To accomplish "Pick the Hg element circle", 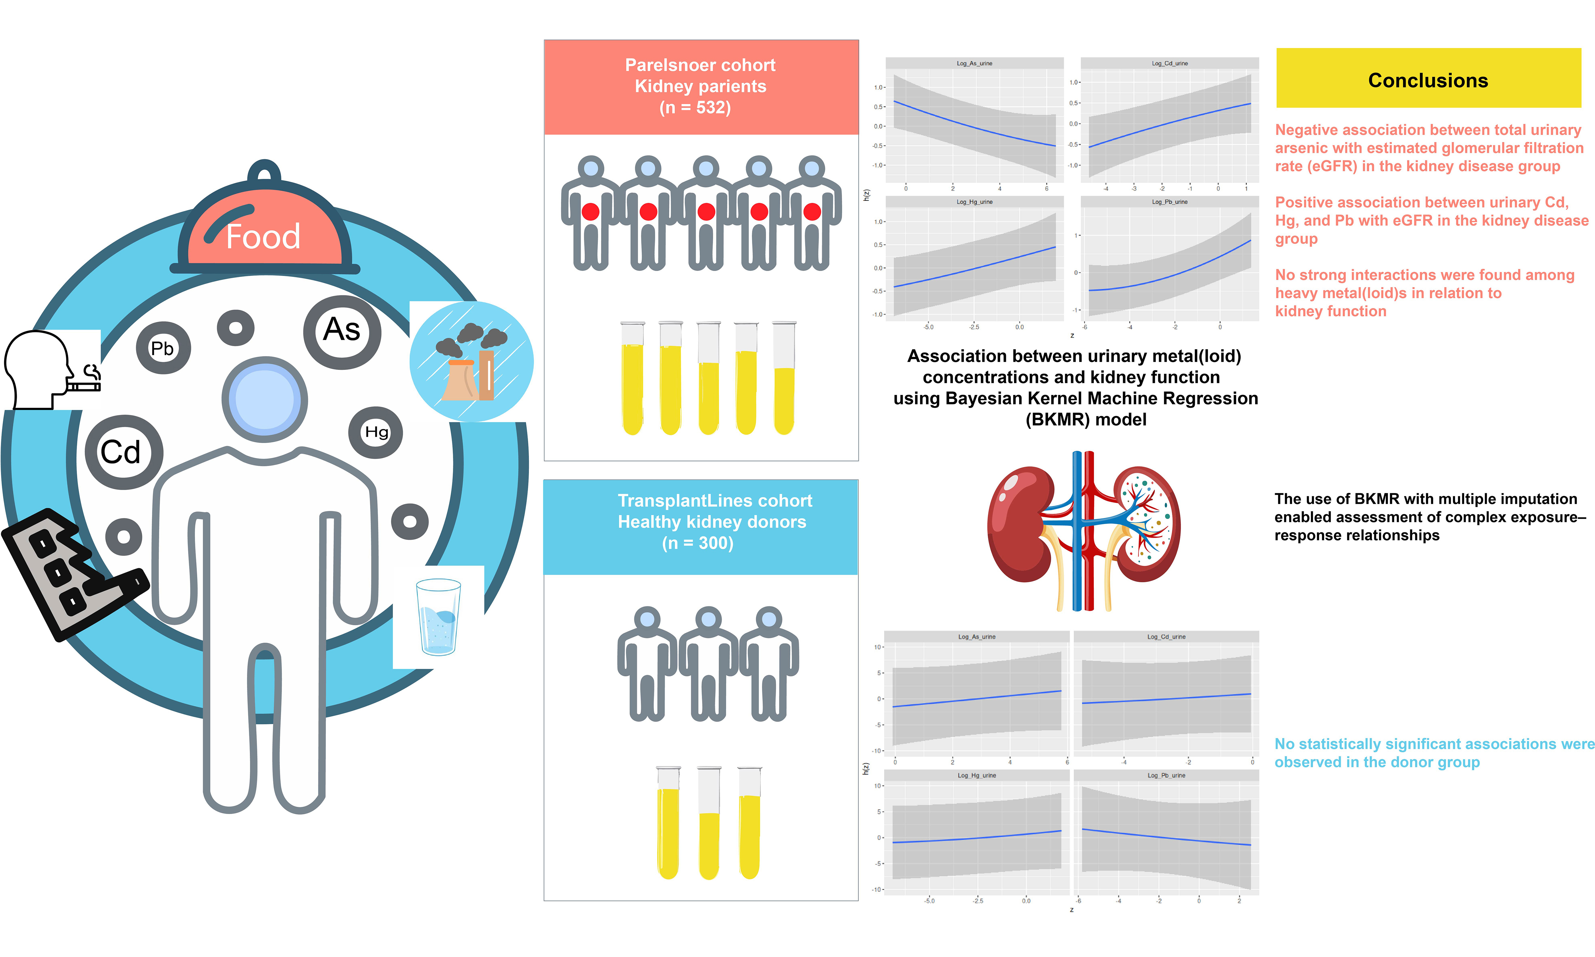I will tap(376, 432).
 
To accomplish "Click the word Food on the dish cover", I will tap(263, 237).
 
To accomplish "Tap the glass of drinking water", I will tap(438, 617).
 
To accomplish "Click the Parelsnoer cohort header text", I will tap(700, 65).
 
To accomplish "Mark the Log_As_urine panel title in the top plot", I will tap(974, 63).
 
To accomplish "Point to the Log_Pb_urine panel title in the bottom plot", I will tap(1166, 775).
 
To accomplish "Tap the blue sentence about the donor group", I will tap(1434, 753).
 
